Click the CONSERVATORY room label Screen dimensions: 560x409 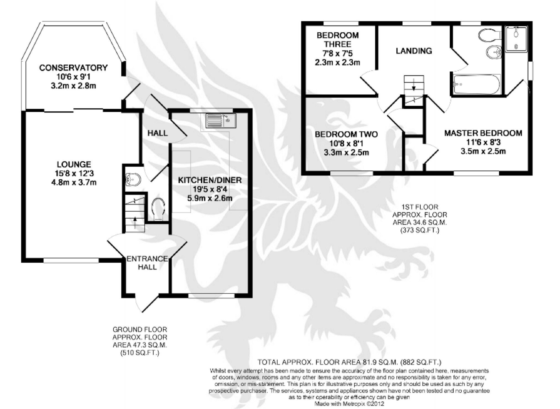click(x=73, y=68)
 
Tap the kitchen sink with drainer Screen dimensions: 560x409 click(x=221, y=120)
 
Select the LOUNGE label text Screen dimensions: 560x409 click(x=74, y=164)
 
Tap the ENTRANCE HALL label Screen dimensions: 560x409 click(x=147, y=263)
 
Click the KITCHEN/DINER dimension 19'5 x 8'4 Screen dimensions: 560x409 click(x=210, y=189)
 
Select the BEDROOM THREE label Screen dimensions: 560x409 click(x=338, y=40)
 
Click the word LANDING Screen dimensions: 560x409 click(x=414, y=51)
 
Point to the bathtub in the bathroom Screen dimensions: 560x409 click(x=476, y=84)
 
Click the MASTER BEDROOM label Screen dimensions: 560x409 click(x=483, y=133)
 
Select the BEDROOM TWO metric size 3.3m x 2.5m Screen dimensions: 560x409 click(x=346, y=152)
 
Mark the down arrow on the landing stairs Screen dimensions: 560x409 click(x=414, y=86)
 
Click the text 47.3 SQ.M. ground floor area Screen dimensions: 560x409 click(x=140, y=345)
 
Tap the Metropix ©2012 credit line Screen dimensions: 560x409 click(x=349, y=404)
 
